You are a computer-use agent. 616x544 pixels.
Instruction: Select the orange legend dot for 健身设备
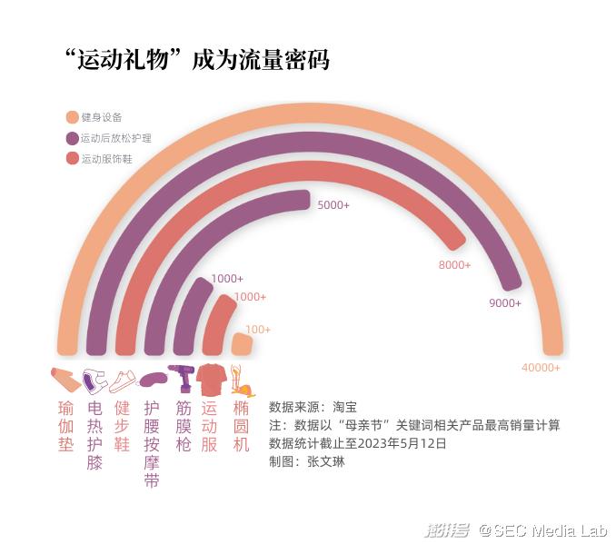pyautogui.click(x=73, y=117)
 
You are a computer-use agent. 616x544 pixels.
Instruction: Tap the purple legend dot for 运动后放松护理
pyautogui.click(x=73, y=138)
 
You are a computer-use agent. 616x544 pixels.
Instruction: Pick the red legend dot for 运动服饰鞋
pyautogui.click(x=73, y=159)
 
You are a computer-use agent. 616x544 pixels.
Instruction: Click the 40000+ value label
pyautogui.click(x=541, y=368)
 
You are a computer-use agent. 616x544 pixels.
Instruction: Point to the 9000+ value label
pyautogui.click(x=505, y=302)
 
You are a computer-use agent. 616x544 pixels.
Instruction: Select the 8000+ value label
pyautogui.click(x=454, y=265)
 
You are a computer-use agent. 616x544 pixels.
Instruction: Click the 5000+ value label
pyautogui.click(x=333, y=205)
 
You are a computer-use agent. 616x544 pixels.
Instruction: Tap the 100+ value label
pyautogui.click(x=258, y=330)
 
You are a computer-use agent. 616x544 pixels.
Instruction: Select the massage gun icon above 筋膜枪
pyautogui.click(x=183, y=378)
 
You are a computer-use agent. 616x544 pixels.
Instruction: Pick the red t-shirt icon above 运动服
pyautogui.click(x=212, y=379)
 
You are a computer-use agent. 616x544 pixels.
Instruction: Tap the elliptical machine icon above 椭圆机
pyautogui.click(x=241, y=380)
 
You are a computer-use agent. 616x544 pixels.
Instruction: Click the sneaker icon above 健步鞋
pyautogui.click(x=123, y=380)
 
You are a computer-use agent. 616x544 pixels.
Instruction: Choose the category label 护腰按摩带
pyautogui.click(x=153, y=444)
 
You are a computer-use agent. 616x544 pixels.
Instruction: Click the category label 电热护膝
pyautogui.click(x=94, y=434)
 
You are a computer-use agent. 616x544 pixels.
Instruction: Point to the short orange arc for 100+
pyautogui.click(x=242, y=343)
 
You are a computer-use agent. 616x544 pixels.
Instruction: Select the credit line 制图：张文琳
pyautogui.click(x=307, y=461)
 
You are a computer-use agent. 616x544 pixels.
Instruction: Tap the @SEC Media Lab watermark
pyautogui.click(x=543, y=529)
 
